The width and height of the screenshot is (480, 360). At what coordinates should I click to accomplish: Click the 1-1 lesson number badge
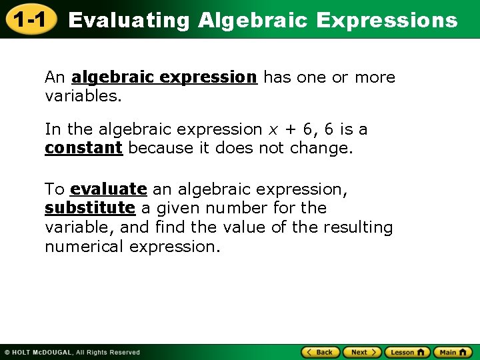(x=30, y=20)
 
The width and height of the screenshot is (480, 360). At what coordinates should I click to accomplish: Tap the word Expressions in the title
(x=387, y=21)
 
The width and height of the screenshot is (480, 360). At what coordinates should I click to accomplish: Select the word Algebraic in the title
(x=253, y=21)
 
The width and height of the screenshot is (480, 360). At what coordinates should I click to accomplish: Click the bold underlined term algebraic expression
(x=164, y=77)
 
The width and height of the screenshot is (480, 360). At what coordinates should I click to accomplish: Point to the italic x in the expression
(x=273, y=129)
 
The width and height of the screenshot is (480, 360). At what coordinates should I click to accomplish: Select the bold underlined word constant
(x=83, y=148)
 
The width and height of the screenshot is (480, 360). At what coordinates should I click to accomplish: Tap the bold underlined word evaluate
(x=108, y=189)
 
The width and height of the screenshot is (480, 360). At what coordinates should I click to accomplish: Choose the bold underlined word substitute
(x=89, y=208)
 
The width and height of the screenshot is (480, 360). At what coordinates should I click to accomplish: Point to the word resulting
(x=358, y=227)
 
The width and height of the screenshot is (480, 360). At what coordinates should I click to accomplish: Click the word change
(x=321, y=148)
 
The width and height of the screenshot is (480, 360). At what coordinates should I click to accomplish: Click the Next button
(x=363, y=352)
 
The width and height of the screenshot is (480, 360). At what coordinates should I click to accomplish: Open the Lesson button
(x=407, y=352)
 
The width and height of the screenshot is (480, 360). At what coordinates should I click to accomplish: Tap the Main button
(x=453, y=352)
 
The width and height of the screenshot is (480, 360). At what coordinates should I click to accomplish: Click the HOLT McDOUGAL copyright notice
(x=72, y=353)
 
